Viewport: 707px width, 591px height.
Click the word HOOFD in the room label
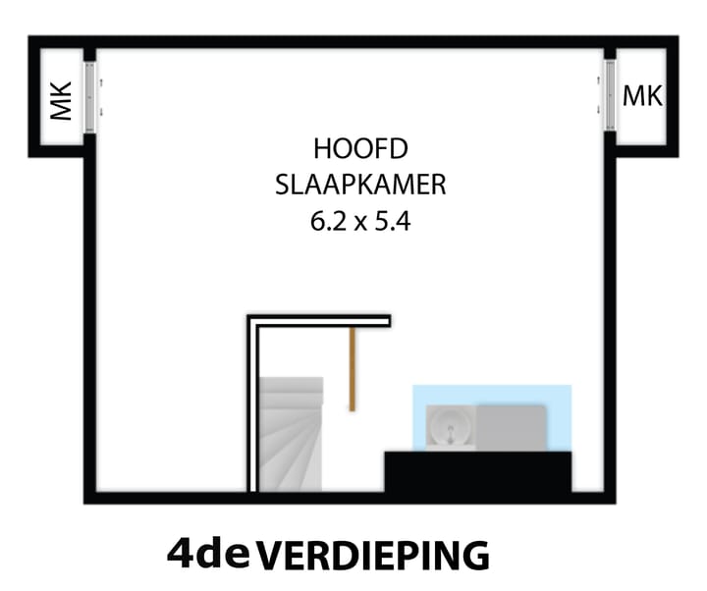[x=359, y=149]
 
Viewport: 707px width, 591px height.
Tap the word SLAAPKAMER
[x=360, y=185]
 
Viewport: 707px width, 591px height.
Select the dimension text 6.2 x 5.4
[x=359, y=221]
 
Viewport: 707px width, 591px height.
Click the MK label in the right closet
[x=642, y=96]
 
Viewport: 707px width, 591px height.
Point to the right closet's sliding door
[x=611, y=95]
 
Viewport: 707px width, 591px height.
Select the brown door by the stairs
[x=352, y=368]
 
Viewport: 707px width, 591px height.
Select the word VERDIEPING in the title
[x=372, y=556]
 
